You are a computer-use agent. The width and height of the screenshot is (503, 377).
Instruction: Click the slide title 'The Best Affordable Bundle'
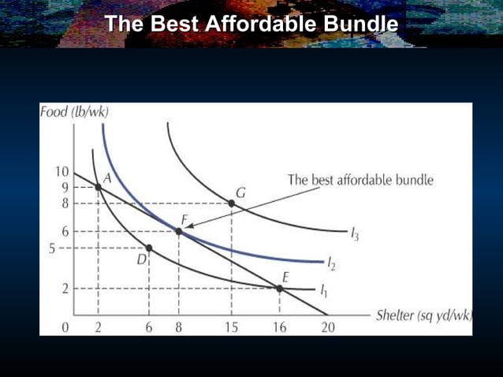click(251, 24)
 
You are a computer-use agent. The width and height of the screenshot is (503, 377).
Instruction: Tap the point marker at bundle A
click(98, 187)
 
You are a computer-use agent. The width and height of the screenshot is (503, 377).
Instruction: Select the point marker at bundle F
click(178, 232)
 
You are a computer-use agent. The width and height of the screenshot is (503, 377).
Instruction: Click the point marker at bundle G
click(231, 203)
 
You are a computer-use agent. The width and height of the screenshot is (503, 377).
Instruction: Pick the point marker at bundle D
click(149, 248)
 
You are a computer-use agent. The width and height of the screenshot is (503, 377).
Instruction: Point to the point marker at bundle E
click(280, 289)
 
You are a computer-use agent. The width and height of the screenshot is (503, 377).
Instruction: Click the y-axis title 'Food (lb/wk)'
click(74, 112)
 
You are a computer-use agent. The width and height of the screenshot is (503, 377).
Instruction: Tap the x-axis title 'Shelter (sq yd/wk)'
click(423, 315)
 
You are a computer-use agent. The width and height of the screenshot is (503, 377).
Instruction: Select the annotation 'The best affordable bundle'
click(360, 180)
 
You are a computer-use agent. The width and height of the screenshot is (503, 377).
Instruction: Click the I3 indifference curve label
click(355, 234)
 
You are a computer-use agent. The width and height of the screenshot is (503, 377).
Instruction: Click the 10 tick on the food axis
click(61, 173)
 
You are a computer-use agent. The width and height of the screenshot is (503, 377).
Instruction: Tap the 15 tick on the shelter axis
click(230, 328)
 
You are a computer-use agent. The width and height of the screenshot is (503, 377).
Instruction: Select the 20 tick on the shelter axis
click(327, 328)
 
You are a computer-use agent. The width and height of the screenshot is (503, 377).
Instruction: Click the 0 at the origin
click(67, 328)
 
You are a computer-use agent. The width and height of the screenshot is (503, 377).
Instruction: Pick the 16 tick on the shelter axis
click(280, 328)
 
